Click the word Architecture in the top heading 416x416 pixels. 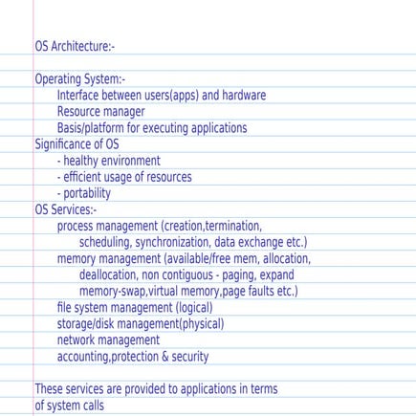(x=83, y=47)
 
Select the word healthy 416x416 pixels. (x=83, y=161)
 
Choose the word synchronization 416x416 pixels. (x=170, y=242)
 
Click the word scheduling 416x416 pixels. (x=105, y=242)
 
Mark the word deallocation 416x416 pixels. (x=112, y=274)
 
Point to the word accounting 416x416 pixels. (x=83, y=357)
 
